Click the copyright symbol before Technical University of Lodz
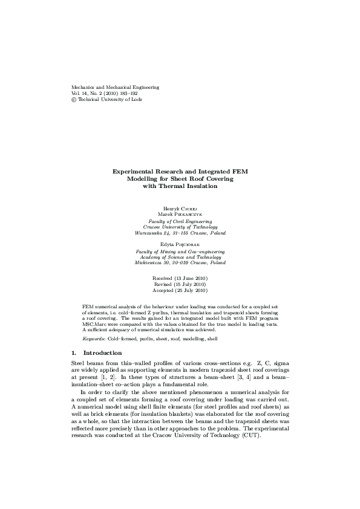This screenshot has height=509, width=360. pos(74,100)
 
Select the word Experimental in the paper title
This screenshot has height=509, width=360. pos(134,172)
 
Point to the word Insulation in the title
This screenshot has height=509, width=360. pos(200,186)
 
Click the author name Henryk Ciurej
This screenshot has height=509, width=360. pos(180,208)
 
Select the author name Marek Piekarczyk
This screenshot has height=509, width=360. pos(180,214)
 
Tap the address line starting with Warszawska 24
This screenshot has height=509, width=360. pos(180,233)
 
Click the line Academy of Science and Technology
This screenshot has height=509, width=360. pos(180,257)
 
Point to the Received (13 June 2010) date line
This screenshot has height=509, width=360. pos(180,277)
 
